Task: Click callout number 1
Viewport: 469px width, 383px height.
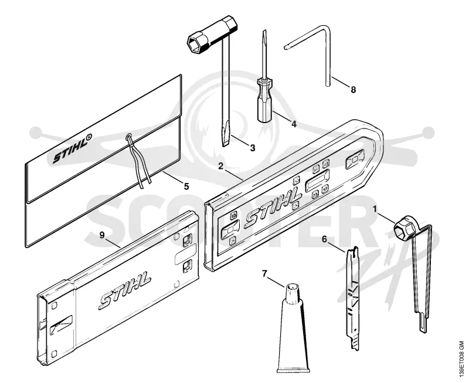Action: [x=374, y=209]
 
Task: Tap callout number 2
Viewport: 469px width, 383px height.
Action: [x=221, y=166]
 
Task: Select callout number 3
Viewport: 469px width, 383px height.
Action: [x=253, y=148]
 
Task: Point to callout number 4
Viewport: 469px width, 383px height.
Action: [x=294, y=124]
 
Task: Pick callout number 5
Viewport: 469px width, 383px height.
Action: [x=186, y=187]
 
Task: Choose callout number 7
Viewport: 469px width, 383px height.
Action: [x=264, y=274]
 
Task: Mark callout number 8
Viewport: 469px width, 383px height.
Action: [x=354, y=90]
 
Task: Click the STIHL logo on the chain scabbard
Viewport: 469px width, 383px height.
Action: [x=273, y=208]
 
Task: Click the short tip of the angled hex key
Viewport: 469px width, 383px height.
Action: [x=287, y=47]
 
